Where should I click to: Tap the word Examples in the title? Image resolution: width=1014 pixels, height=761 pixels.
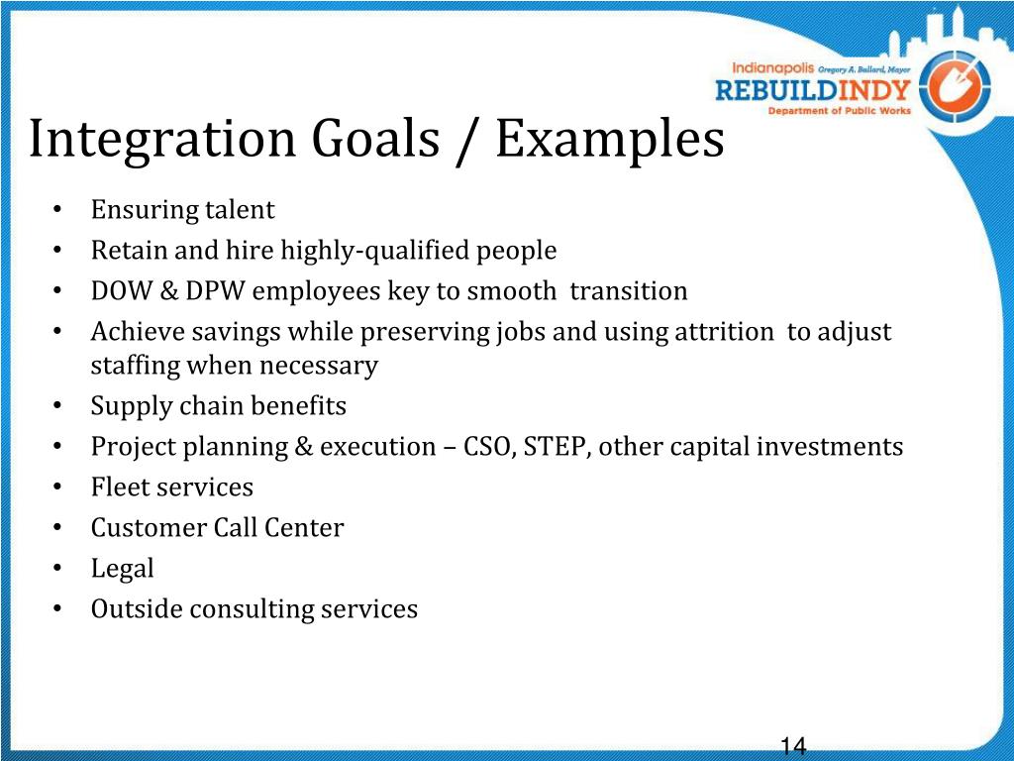click(609, 140)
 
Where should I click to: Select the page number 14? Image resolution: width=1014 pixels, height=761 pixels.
click(793, 746)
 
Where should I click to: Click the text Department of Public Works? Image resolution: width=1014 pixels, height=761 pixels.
click(840, 111)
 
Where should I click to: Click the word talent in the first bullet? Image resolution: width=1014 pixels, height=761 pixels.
click(240, 210)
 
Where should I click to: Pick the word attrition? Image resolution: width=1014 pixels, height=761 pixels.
click(723, 332)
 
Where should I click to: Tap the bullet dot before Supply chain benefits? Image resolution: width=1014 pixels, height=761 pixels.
click(59, 406)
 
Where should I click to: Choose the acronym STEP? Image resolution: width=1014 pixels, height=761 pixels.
click(558, 447)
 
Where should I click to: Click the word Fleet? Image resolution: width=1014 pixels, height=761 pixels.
click(118, 488)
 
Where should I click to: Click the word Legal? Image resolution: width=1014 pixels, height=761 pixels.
click(123, 569)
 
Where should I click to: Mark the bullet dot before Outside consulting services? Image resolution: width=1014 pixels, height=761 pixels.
click(59, 609)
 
